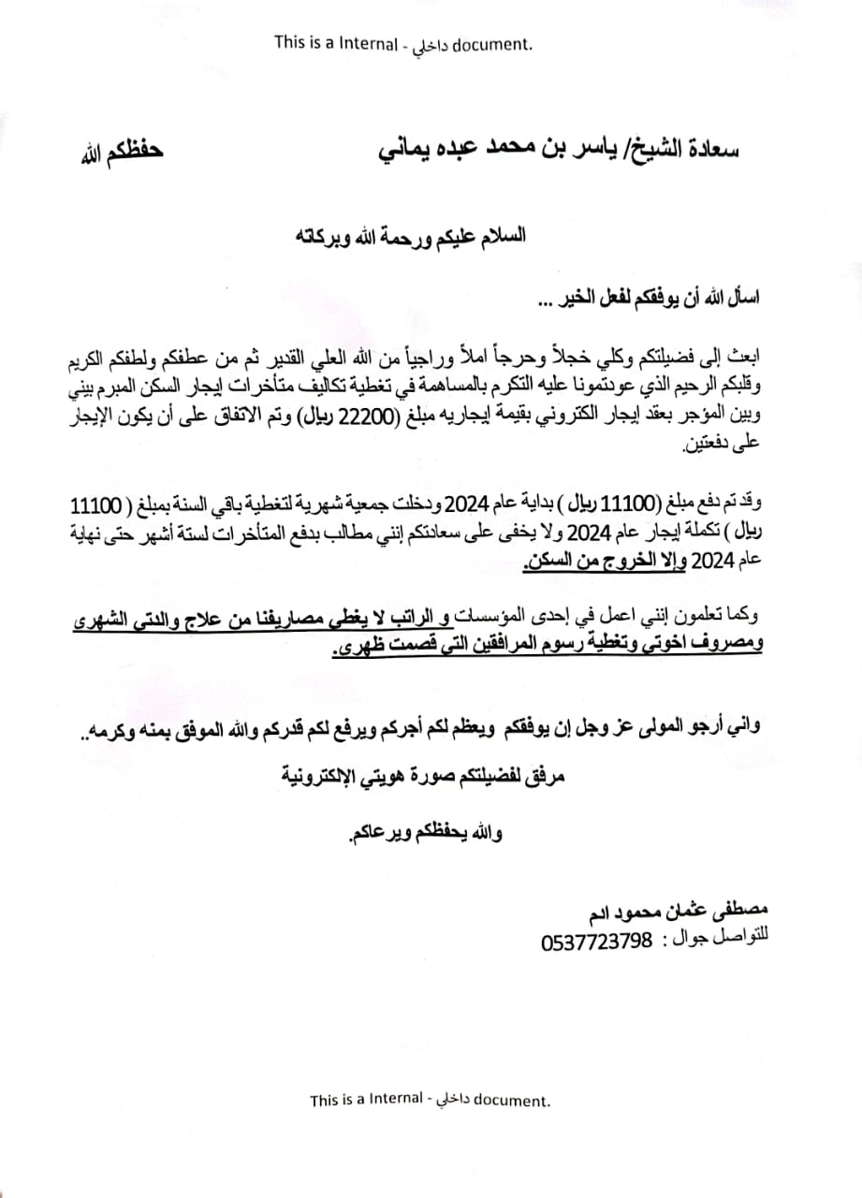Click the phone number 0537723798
tap(595, 942)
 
